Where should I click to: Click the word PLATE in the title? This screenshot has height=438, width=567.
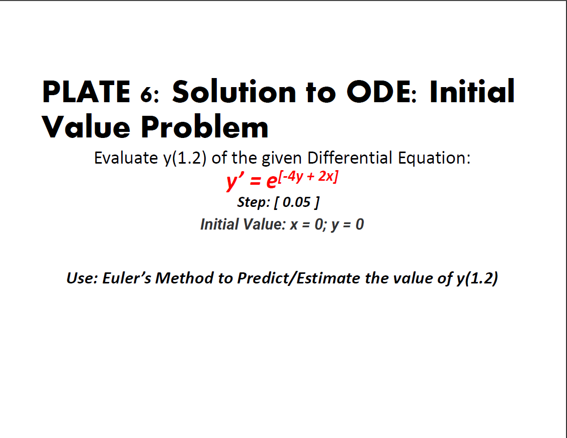tap(86, 92)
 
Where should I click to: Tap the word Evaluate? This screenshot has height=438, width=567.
tap(126, 158)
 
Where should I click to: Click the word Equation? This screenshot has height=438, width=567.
tap(434, 158)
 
